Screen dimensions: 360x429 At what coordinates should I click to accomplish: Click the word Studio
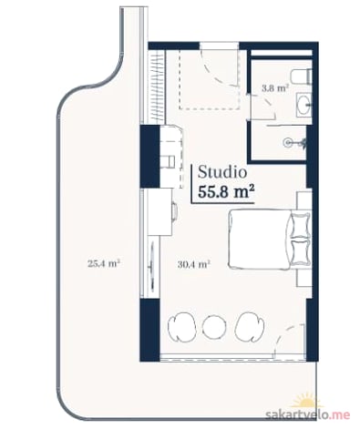click(x=222, y=173)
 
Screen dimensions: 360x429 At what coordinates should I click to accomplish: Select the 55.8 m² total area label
click(x=226, y=192)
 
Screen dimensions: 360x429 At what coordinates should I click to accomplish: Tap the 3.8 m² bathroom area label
click(x=275, y=88)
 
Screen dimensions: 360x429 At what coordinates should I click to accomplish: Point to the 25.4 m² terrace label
click(x=104, y=263)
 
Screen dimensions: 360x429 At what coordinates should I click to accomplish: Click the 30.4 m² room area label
click(x=194, y=265)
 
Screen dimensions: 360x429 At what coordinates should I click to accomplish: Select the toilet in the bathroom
click(x=301, y=77)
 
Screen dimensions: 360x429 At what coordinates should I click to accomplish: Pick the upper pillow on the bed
click(x=300, y=225)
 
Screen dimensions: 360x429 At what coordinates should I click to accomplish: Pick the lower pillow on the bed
click(x=300, y=252)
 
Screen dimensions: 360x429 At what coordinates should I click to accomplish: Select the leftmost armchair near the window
click(x=181, y=328)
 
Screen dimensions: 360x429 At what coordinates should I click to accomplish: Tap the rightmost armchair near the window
click(x=248, y=328)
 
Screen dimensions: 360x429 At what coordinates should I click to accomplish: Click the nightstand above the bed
click(x=304, y=200)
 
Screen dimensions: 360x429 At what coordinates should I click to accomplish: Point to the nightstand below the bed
click(x=304, y=277)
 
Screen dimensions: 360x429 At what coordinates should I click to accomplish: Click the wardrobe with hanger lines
click(x=157, y=87)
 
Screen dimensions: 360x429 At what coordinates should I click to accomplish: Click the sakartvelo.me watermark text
click(x=307, y=414)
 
